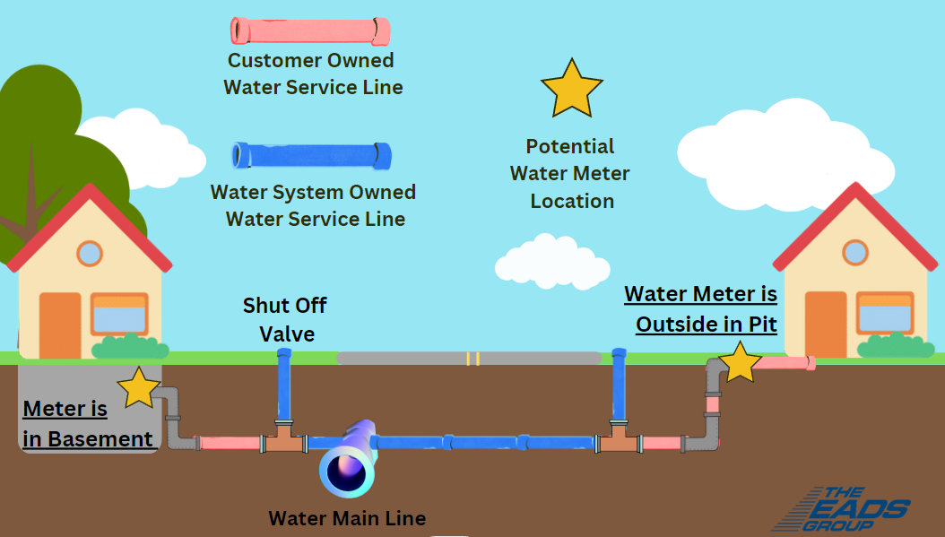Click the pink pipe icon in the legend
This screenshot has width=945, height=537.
(x=310, y=31)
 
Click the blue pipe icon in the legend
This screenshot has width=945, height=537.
(x=310, y=156)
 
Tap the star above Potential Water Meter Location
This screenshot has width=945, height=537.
(x=571, y=89)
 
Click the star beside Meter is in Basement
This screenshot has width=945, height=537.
(x=139, y=388)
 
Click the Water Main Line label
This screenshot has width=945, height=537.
(x=347, y=518)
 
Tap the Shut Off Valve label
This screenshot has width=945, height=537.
(x=285, y=319)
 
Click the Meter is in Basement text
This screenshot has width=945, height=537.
(x=87, y=424)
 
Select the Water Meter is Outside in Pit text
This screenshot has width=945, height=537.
(x=701, y=308)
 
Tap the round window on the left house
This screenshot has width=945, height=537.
(x=90, y=254)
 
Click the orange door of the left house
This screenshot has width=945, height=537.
(x=60, y=325)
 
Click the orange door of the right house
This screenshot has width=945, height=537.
(x=826, y=325)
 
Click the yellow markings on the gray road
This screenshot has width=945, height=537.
(x=472, y=359)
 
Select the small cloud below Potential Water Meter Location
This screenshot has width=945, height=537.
(x=551, y=261)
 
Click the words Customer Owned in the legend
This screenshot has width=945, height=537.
(x=310, y=61)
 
